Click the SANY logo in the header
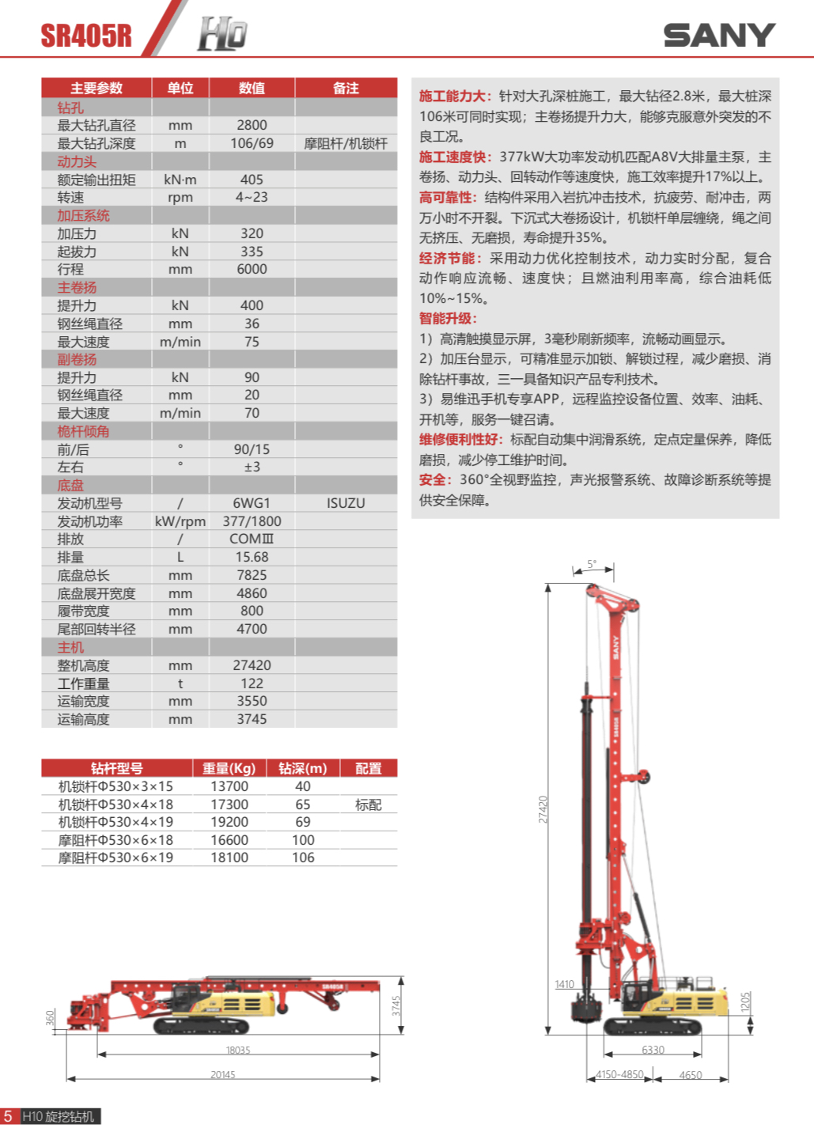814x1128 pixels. tap(718, 36)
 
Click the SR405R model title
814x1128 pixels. tap(86, 36)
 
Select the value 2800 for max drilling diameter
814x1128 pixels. tap(252, 125)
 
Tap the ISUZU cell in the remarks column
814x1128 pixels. tap(346, 503)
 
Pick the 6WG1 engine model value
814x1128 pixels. tap(252, 503)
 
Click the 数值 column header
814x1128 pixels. tap(252, 88)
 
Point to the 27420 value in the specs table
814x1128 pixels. tap(252, 665)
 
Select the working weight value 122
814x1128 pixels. tap(252, 683)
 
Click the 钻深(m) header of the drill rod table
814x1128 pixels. tap(302, 768)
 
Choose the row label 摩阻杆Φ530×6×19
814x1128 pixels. tap(115, 857)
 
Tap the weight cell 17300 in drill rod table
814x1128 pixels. tap(229, 804)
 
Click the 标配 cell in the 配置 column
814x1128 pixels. tap(368, 804)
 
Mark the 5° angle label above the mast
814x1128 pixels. tap(592, 564)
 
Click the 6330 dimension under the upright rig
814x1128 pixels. tap(653, 1050)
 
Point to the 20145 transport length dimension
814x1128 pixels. tap(222, 1074)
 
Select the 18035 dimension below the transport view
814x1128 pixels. tap(237, 1050)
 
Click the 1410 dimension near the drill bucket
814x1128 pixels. tap(564, 984)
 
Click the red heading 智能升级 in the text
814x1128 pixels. tap(447, 318)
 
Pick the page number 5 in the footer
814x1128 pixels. tap(8, 1116)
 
